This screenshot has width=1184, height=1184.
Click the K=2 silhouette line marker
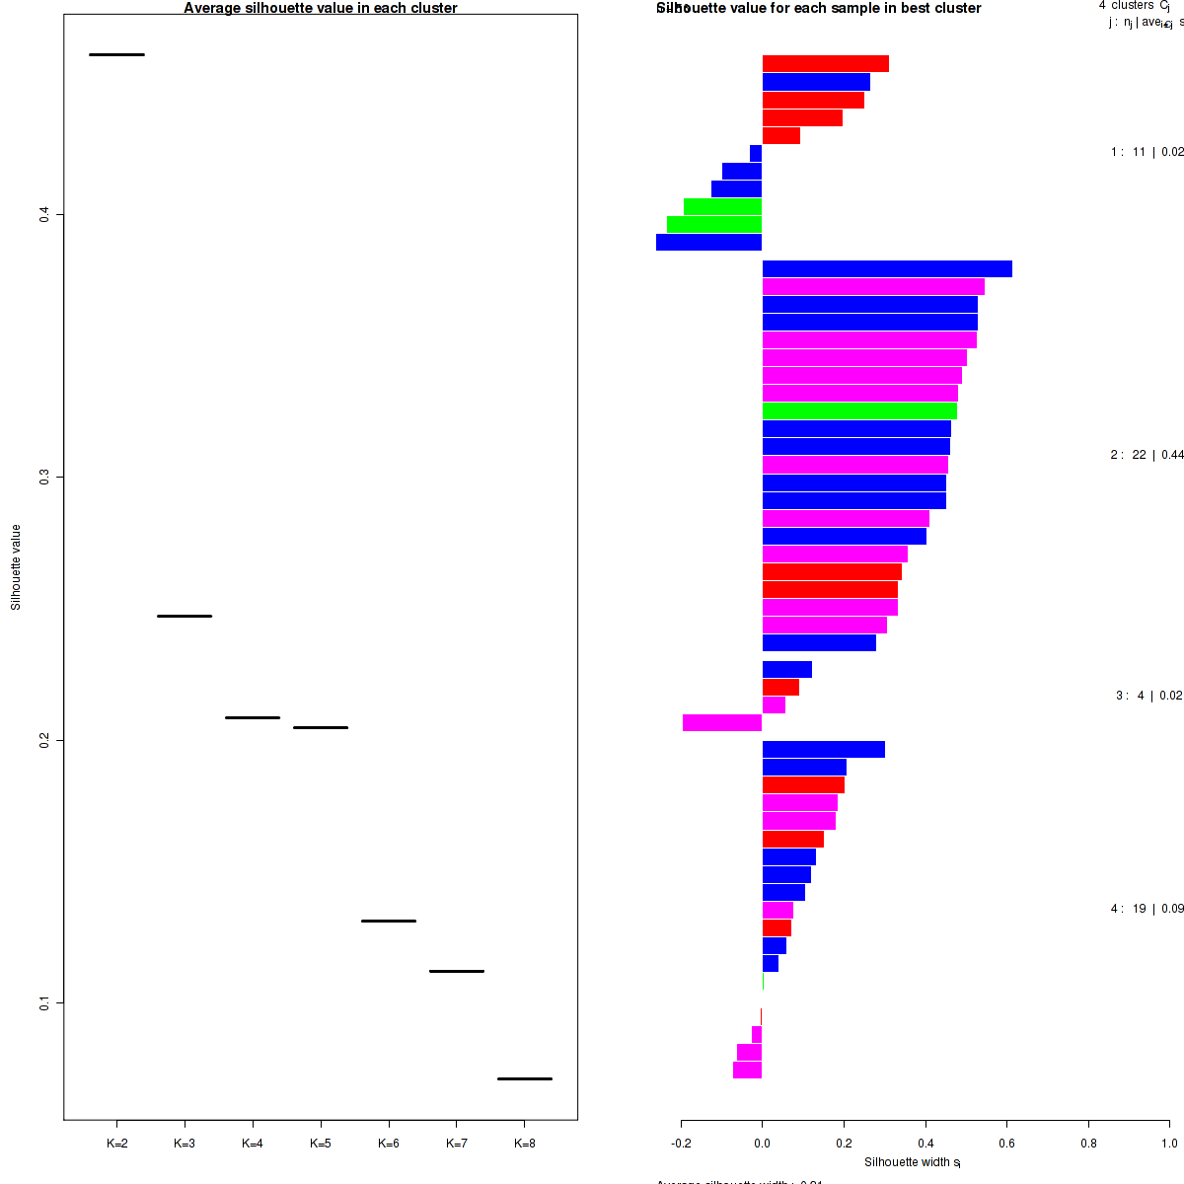point(116,54)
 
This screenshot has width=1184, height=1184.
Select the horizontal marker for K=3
point(185,616)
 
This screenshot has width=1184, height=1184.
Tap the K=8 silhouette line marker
point(524,1078)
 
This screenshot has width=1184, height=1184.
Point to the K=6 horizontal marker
point(389,921)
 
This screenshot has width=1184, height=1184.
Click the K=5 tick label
point(321,1144)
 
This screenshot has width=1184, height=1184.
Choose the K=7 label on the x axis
point(457,1144)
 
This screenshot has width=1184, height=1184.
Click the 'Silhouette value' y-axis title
point(16,567)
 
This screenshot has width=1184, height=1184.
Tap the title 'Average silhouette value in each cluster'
point(321,8)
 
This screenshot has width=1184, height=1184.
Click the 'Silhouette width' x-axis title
point(912,1162)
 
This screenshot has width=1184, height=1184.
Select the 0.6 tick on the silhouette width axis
point(1006,1144)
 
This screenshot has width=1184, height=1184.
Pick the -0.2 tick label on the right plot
point(681,1144)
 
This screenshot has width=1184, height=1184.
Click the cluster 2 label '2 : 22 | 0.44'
point(1147,455)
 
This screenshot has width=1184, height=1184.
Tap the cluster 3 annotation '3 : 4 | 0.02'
point(1148,696)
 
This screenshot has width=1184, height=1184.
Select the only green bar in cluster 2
point(859,410)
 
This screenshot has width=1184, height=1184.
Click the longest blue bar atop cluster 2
point(887,268)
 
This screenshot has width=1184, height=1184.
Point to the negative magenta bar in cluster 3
point(722,722)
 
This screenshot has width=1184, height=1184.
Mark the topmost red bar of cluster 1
point(826,64)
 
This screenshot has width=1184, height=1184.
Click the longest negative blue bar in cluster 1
point(708,242)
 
